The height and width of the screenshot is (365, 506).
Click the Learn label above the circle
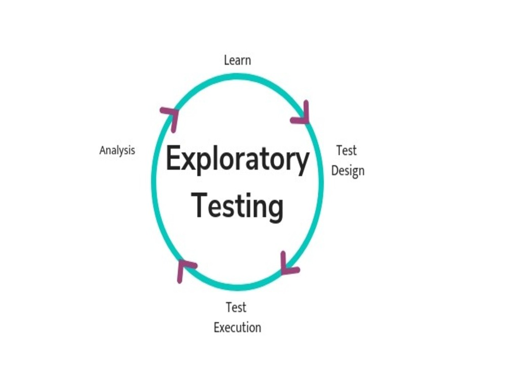pyautogui.click(x=237, y=60)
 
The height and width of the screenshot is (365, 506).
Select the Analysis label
pyautogui.click(x=117, y=150)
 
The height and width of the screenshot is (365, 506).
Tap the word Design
pyautogui.click(x=348, y=171)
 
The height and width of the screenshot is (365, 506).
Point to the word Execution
pyautogui.click(x=237, y=327)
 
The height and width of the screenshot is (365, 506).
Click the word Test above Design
pyautogui.click(x=347, y=151)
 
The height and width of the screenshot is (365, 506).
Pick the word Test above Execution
pyautogui.click(x=236, y=307)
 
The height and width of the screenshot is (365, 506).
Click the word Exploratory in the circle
pyautogui.click(x=237, y=160)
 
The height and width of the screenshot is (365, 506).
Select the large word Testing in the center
pyautogui.click(x=237, y=207)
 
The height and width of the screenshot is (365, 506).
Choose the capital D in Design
pyautogui.click(x=335, y=170)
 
